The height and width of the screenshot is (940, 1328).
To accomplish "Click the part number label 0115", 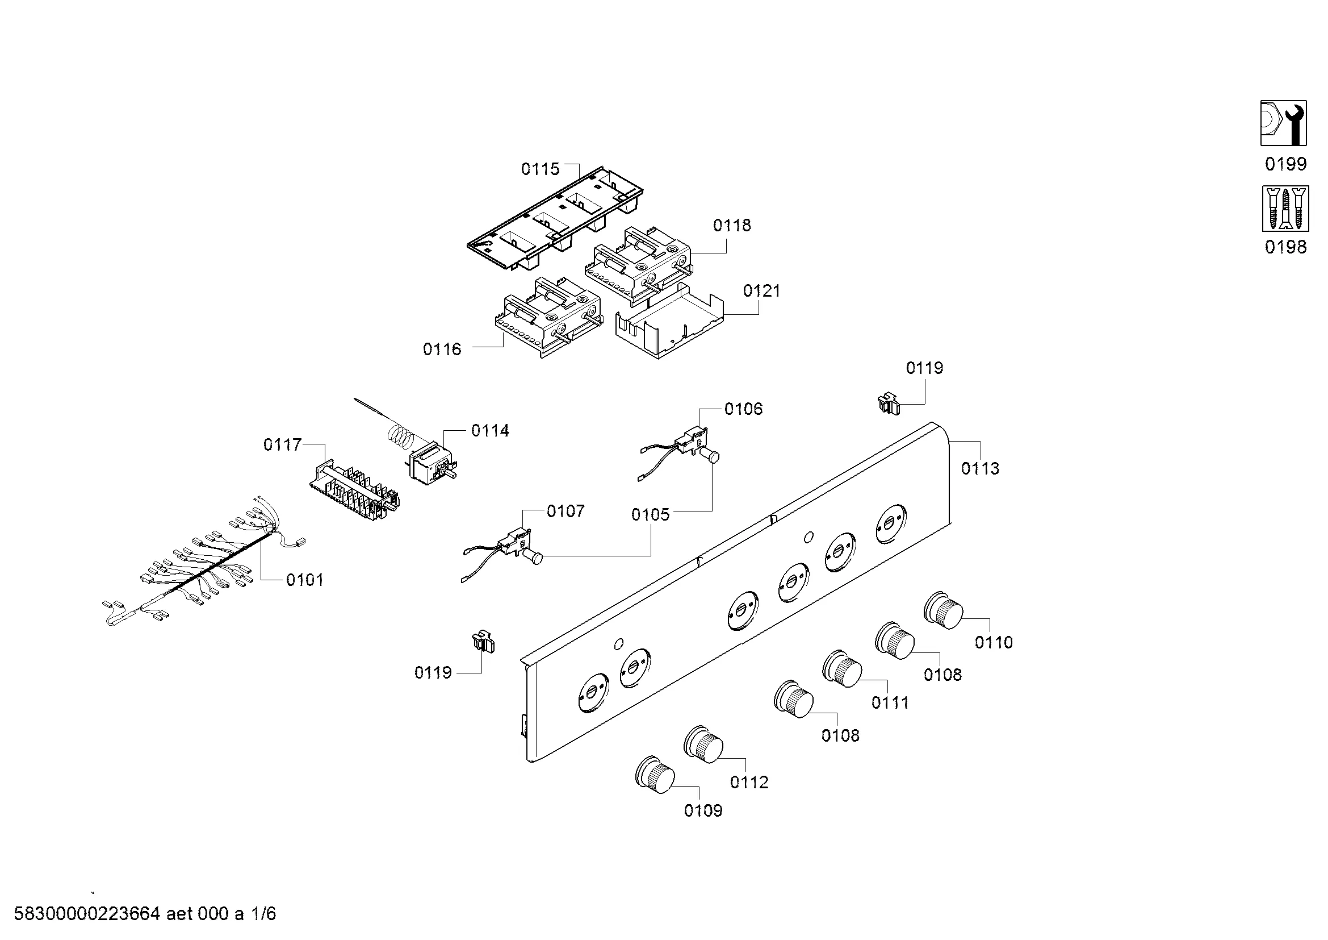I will tap(539, 169).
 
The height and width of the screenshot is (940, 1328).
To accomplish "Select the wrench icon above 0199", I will tap(1283, 123).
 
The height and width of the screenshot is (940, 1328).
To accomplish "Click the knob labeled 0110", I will tap(943, 610).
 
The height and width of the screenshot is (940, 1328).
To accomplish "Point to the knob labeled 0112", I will tap(703, 743).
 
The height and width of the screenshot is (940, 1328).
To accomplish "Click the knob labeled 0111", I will tap(842, 668).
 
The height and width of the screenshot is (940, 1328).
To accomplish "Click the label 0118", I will tap(732, 225).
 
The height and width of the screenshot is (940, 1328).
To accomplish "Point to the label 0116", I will tap(442, 349).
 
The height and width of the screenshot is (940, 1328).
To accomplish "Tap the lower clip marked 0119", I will tap(483, 643).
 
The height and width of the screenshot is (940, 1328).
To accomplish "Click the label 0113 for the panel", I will tap(980, 468).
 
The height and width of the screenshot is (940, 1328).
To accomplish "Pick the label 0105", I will tap(650, 514).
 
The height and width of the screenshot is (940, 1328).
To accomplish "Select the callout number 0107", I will tap(565, 511).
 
